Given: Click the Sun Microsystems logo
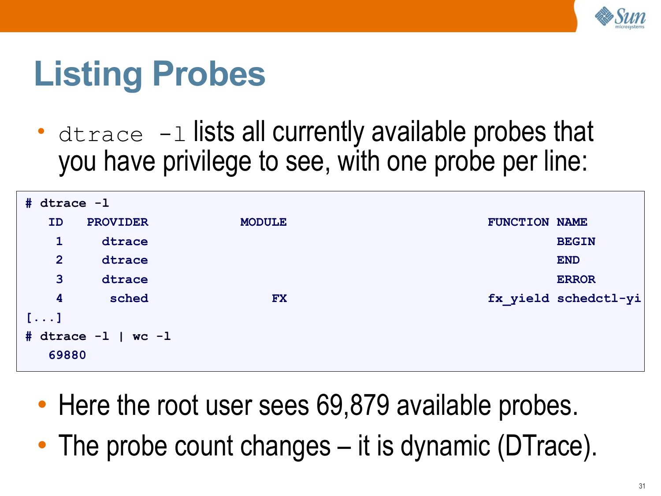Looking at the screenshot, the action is pos(620,18).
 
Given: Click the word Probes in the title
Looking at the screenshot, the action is pos(209,74).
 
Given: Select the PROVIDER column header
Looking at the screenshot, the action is pos(118,222).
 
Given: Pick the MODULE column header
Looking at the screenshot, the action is pos(264,222).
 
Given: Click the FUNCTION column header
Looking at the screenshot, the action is pos(518,222).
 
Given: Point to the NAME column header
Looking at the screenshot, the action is pos(572,222).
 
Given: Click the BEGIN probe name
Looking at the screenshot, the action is pos(576,242).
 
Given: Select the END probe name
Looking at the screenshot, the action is pos(568,260).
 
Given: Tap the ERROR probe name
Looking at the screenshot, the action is pos(576,280).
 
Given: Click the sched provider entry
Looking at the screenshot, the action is pos(129,298).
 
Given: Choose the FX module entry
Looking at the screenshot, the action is pos(279,298).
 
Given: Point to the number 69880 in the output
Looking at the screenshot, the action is pos(67,355).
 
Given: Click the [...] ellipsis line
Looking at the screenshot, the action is pos(44,318).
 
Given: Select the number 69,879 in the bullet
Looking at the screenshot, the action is pos(353,406).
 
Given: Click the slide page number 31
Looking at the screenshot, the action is pos(642,486).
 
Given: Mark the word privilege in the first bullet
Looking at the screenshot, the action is pos(207,162).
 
